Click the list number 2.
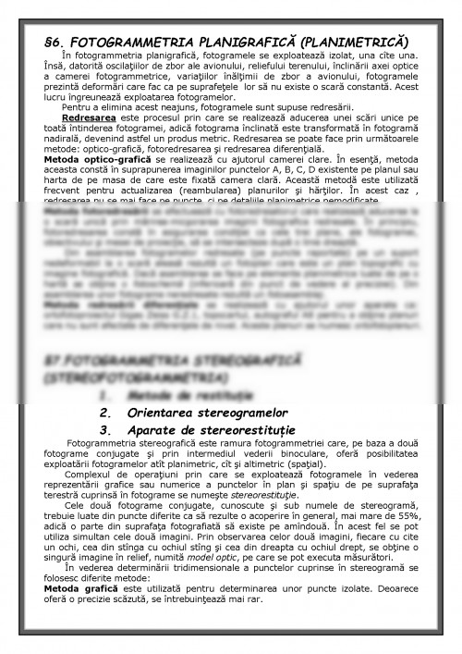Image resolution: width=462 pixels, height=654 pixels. (x=104, y=413)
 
